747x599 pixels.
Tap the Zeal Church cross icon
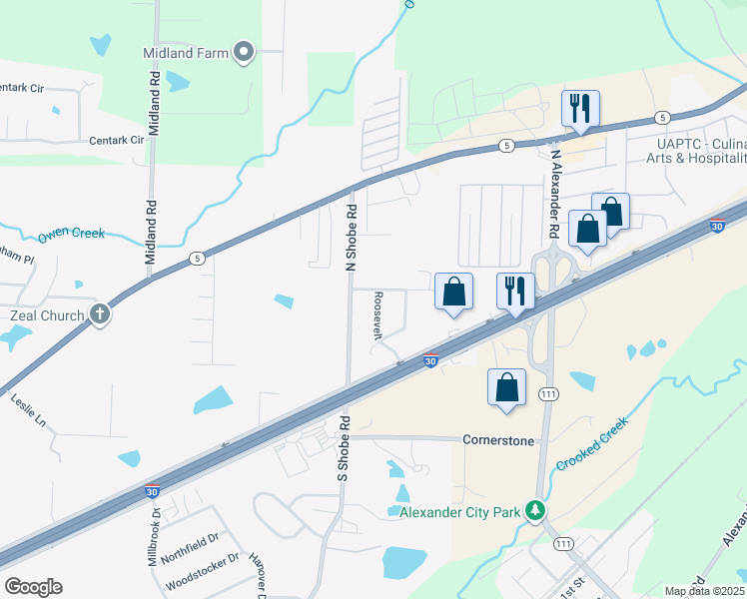coord(100,315)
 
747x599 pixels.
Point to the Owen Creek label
coord(71,235)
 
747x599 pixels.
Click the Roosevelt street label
coord(378,316)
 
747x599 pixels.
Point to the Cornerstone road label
coord(498,439)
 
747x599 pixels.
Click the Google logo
coord(34,586)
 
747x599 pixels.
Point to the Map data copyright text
coord(705,591)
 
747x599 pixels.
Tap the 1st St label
coord(571,585)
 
